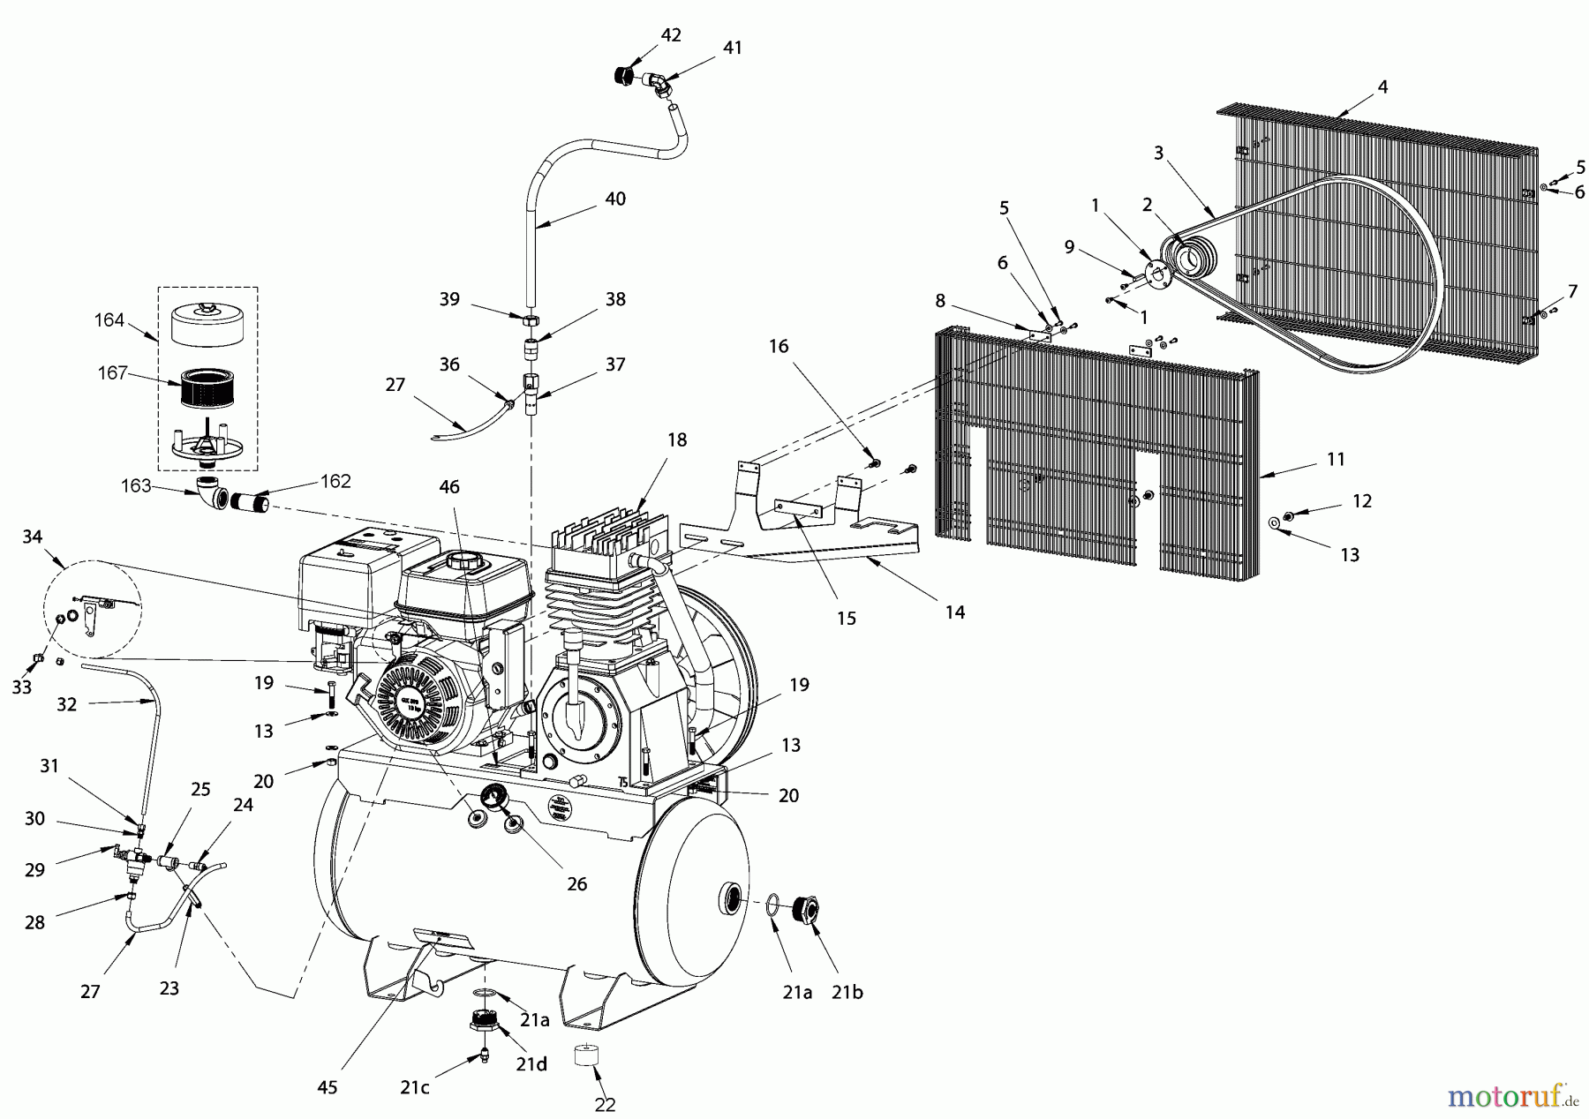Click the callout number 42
[x=671, y=35]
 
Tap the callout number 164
[x=109, y=320]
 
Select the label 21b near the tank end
[x=847, y=992]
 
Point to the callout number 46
[x=449, y=486]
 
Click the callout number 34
[x=33, y=537]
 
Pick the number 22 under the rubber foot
[x=605, y=1104]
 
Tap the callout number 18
[x=677, y=439]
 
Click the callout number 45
[x=328, y=1087]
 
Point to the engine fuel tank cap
[x=466, y=561]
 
